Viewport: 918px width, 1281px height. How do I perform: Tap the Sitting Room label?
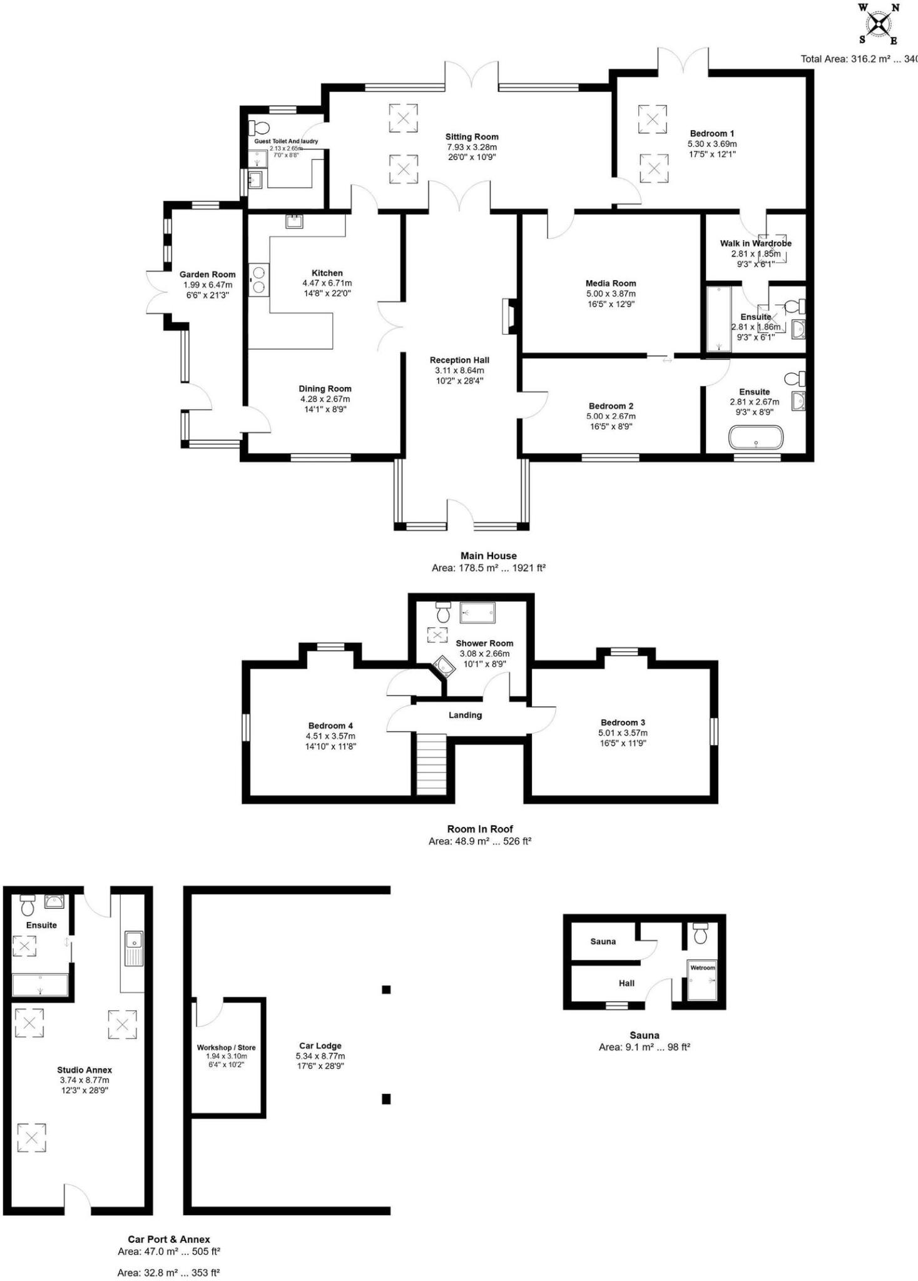pyautogui.click(x=472, y=137)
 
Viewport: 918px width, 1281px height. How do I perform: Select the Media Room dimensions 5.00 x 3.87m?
pyautogui.click(x=611, y=294)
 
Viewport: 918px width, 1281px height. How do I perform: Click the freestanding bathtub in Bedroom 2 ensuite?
pyautogui.click(x=756, y=437)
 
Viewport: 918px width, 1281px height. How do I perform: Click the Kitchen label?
pyautogui.click(x=327, y=273)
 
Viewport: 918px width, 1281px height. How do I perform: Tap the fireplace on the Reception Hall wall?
pyautogui.click(x=508, y=317)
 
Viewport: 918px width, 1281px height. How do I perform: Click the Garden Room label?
pyautogui.click(x=208, y=275)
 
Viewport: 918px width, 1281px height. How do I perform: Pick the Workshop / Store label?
pyautogui.click(x=226, y=1048)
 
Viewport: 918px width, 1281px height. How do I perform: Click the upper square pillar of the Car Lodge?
pyautogui.click(x=386, y=990)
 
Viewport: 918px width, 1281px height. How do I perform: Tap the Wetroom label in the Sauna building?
pyautogui.click(x=702, y=968)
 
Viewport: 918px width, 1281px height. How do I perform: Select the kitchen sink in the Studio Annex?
pyautogui.click(x=133, y=948)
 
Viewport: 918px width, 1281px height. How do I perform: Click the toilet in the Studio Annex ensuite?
pyautogui.click(x=27, y=904)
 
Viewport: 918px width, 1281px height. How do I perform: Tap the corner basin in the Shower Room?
pyautogui.click(x=444, y=667)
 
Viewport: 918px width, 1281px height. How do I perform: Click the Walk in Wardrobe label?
pyautogui.click(x=755, y=243)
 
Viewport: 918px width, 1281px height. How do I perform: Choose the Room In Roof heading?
pyautogui.click(x=480, y=829)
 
